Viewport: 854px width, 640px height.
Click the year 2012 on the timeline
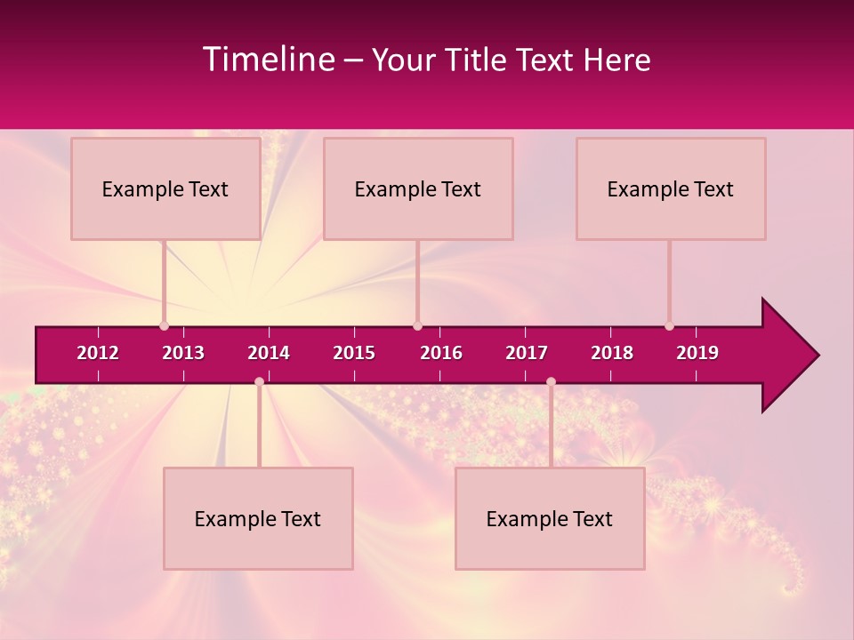98,353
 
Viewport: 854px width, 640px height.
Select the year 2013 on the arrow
183,353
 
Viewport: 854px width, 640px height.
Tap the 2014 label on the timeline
269,353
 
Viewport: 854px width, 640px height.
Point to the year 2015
354,353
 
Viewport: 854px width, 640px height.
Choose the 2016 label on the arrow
441,353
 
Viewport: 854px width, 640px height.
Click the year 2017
527,353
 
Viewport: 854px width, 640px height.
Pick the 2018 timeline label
612,353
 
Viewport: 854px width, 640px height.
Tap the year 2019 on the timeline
697,353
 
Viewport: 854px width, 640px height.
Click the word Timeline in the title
268,60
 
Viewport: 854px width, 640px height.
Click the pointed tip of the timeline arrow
817,356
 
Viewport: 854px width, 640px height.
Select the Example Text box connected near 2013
165,188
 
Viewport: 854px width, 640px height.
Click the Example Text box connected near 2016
418,188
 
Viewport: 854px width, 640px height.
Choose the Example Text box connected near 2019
671,188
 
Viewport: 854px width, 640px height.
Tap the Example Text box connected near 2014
258,518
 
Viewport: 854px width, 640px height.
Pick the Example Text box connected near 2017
550,518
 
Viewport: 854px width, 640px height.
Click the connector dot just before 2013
164,326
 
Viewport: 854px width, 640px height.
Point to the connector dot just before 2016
417,326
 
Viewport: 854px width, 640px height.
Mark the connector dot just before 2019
669,326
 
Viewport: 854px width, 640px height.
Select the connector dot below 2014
259,381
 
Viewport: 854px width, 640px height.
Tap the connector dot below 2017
551,381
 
